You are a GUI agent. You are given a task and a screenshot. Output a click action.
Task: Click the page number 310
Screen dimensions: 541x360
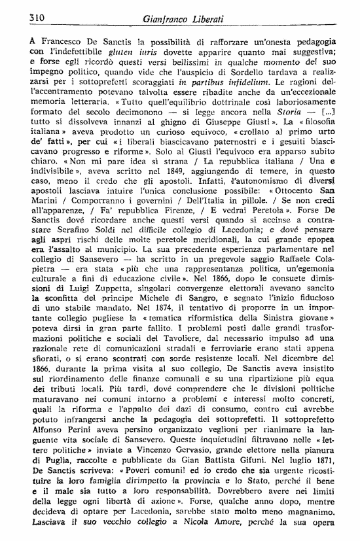(27, 18)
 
